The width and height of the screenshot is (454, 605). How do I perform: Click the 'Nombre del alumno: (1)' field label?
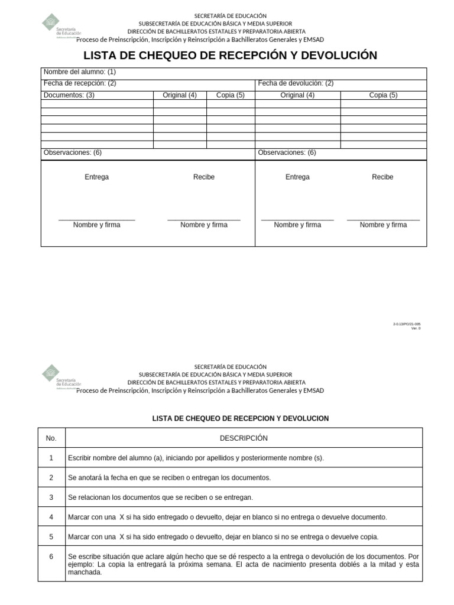pyautogui.click(x=79, y=72)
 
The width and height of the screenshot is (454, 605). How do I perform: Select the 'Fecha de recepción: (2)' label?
pyautogui.click(x=80, y=83)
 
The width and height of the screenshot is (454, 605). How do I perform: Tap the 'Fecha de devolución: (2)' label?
pyautogui.click(x=296, y=83)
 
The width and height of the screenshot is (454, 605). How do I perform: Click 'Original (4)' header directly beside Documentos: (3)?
pyautogui.click(x=180, y=95)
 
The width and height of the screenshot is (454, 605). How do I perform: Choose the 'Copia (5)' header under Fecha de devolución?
pyautogui.click(x=383, y=95)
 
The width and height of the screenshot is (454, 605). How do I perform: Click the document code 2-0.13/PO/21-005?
pyautogui.click(x=407, y=324)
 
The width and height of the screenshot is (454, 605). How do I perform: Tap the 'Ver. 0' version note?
pyautogui.click(x=416, y=328)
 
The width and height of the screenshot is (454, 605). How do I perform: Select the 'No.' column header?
pyautogui.click(x=51, y=438)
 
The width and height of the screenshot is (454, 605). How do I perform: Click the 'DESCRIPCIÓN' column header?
pyautogui.click(x=244, y=438)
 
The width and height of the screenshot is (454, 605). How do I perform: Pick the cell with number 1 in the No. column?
pyautogui.click(x=51, y=458)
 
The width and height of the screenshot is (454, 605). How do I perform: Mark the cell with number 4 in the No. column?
pyautogui.click(x=51, y=517)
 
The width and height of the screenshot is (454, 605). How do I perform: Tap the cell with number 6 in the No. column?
pyautogui.click(x=51, y=557)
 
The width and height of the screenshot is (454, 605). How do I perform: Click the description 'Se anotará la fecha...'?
pyautogui.click(x=169, y=477)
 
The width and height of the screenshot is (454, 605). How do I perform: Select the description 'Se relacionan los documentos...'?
pyautogui.click(x=160, y=497)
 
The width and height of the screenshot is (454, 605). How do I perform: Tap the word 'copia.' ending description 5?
pyautogui.click(x=368, y=537)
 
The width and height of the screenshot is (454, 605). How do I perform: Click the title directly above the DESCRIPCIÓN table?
pyautogui.click(x=240, y=418)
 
